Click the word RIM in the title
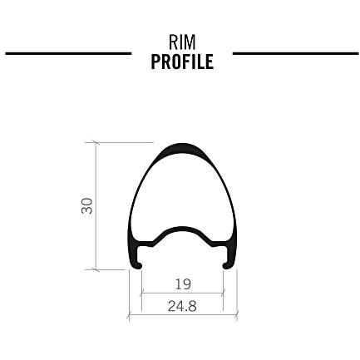tap(182, 42)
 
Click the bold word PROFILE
tap(182, 62)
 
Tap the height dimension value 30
tap(87, 205)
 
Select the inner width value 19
tap(183, 284)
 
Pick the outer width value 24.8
tap(182, 307)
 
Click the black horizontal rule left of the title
tap(68, 53)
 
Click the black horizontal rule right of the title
tap(296, 53)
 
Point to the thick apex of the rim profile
tap(182, 147)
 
